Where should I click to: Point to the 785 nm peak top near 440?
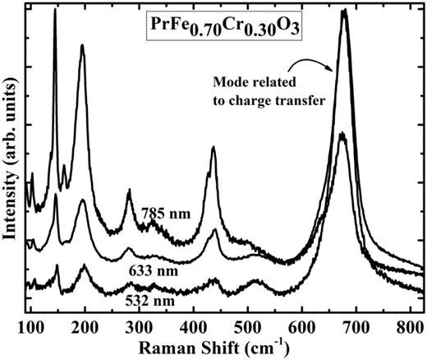[213, 148]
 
